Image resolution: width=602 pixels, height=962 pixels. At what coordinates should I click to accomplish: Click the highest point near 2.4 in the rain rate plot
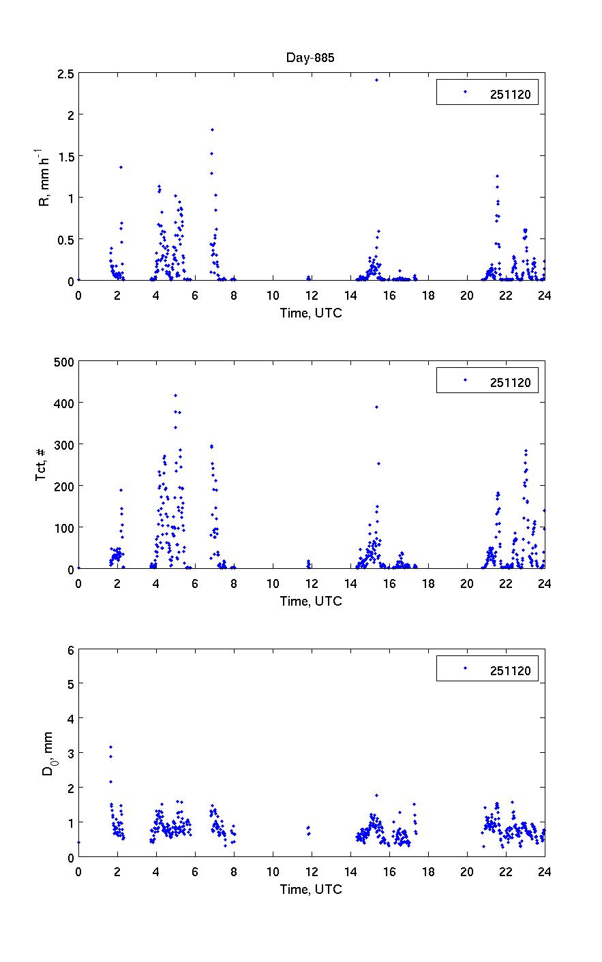(376, 80)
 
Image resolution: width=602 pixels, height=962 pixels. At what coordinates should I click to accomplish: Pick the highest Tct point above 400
(175, 395)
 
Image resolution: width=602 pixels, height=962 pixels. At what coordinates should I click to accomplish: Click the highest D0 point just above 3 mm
(110, 747)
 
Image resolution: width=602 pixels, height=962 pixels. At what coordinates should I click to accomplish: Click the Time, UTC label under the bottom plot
(311, 889)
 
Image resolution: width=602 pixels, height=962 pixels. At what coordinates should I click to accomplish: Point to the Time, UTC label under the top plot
(311, 313)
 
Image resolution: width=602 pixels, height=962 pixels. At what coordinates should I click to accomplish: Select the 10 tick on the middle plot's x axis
(273, 584)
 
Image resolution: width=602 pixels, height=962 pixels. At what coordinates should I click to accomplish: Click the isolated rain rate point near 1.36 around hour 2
(121, 167)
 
